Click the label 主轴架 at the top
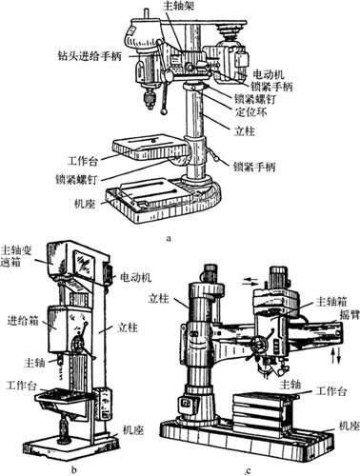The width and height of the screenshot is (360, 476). point(178,6)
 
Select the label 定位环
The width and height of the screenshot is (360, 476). point(250,112)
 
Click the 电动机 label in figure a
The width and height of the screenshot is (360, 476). point(269,74)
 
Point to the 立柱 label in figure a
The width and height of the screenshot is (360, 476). point(245,130)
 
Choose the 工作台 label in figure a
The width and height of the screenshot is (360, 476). point(83,161)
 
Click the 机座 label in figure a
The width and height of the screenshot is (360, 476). point(85,205)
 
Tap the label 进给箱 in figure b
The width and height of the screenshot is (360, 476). point(23,321)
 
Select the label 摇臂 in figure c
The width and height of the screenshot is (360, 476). point(349,314)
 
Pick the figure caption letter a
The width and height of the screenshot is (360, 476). point(169,238)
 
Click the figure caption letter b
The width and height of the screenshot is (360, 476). point(74,469)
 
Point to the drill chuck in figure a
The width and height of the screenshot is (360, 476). point(149,99)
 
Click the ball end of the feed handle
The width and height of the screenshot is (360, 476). point(164,111)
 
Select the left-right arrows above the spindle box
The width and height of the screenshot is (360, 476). point(250,281)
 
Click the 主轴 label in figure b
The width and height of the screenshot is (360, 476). point(34,363)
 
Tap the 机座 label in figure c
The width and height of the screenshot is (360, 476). point(349,426)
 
